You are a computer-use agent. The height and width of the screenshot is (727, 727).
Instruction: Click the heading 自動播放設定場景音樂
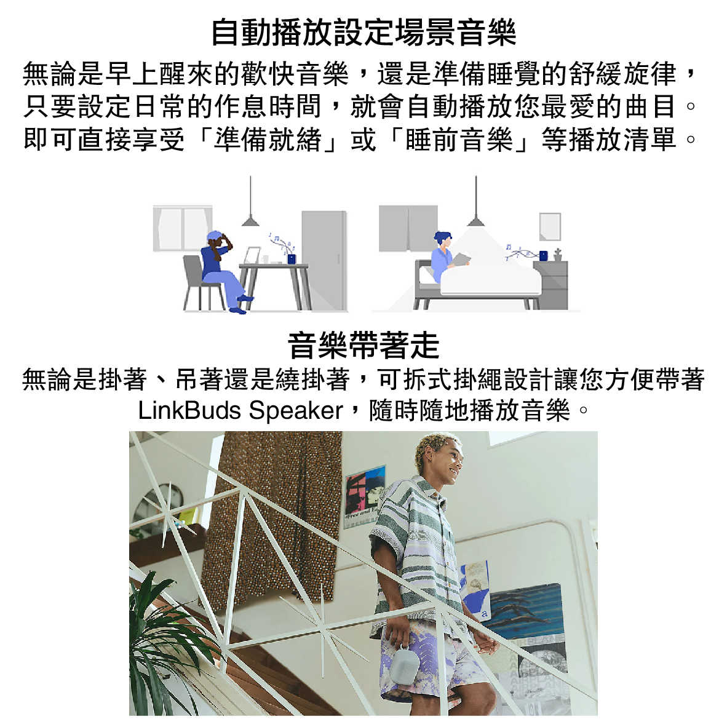pyautogui.click(x=364, y=33)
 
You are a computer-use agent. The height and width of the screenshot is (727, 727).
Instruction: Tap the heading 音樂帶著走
pyautogui.click(x=364, y=346)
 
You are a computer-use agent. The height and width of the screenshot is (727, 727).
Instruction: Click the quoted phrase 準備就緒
pyautogui.click(x=268, y=139)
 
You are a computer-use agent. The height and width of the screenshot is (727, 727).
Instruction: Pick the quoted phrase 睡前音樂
pyautogui.click(x=459, y=139)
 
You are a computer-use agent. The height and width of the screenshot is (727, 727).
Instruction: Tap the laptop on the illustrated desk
pyautogui.click(x=252, y=256)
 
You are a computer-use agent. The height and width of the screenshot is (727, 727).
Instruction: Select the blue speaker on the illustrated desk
pyautogui.click(x=291, y=259)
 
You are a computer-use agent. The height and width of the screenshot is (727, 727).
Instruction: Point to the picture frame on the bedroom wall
pyautogui.click(x=550, y=227)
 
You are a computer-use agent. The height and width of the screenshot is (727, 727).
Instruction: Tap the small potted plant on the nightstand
pyautogui.click(x=557, y=255)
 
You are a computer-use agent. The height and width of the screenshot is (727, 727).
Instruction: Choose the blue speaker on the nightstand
pyautogui.click(x=543, y=255)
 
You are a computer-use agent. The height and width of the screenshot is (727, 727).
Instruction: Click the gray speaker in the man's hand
pyautogui.click(x=407, y=664)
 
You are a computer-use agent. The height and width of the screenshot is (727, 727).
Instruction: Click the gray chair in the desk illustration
pyautogui.click(x=199, y=283)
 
